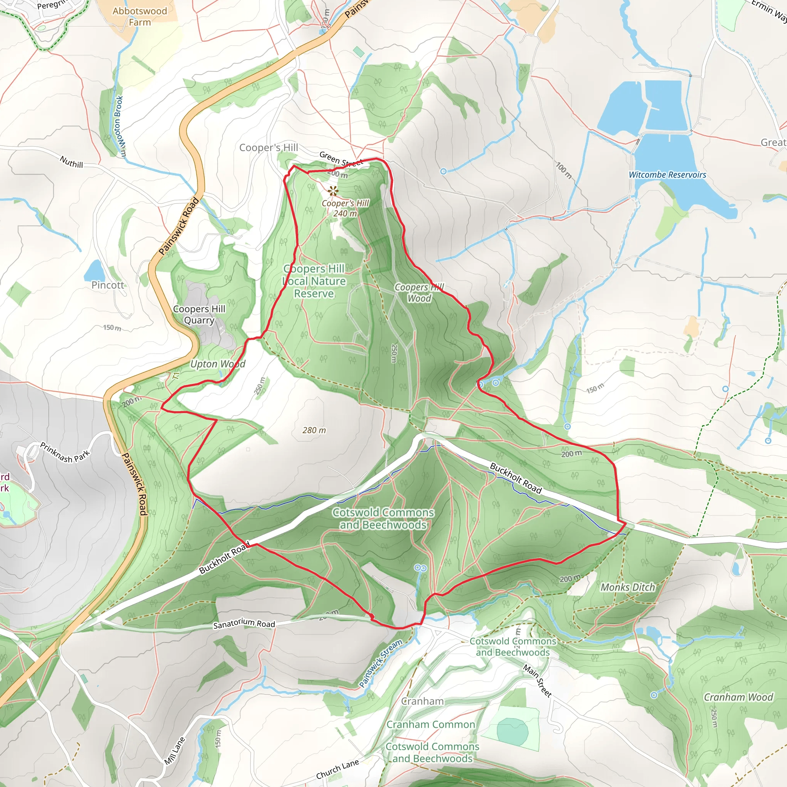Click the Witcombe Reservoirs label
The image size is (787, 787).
click(x=667, y=175)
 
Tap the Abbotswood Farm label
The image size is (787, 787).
click(x=140, y=17)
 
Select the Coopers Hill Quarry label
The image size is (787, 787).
click(x=199, y=314)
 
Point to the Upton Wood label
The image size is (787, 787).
click(x=218, y=364)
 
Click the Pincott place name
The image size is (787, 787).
click(x=108, y=285)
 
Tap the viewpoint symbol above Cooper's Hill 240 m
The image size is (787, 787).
click(x=333, y=190)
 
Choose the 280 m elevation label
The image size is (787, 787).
click(x=314, y=430)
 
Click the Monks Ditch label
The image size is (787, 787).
click(x=628, y=587)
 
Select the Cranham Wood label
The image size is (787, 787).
click(x=738, y=697)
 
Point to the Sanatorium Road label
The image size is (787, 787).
click(x=244, y=624)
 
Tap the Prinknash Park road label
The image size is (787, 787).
click(x=65, y=452)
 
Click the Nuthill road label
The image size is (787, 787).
click(x=71, y=162)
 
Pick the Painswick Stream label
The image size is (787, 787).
click(x=380, y=664)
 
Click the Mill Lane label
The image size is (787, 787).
click(x=175, y=751)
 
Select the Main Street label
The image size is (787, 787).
click(x=537, y=681)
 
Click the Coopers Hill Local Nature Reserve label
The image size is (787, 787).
click(x=314, y=281)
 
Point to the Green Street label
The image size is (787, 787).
click(x=341, y=159)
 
